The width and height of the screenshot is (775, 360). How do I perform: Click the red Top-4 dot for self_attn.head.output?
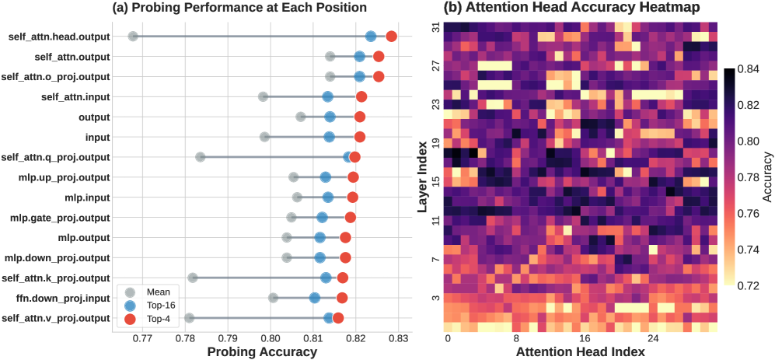(392, 37)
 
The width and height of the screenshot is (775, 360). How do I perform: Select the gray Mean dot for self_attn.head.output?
(133, 37)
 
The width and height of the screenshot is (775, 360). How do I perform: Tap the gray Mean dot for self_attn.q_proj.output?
(200, 157)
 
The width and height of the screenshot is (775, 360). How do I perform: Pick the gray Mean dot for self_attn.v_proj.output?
(189, 318)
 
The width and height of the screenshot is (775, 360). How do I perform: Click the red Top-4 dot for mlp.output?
(345, 237)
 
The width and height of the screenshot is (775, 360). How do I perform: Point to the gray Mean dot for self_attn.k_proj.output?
(192, 278)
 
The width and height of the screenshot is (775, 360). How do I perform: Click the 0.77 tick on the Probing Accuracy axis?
(142, 338)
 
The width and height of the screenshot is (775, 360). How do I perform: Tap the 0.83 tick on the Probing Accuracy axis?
(398, 338)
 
